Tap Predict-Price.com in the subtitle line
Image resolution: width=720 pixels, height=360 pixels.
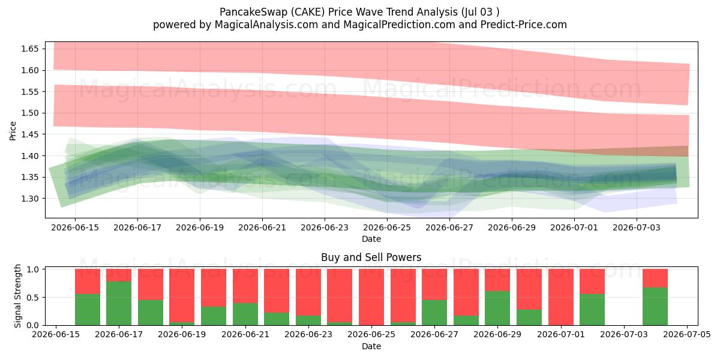(x=524, y=25)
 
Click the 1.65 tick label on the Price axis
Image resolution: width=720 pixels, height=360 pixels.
(x=29, y=49)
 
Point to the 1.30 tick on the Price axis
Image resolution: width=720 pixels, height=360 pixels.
(x=29, y=199)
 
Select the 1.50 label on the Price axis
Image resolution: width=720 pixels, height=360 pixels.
(x=29, y=113)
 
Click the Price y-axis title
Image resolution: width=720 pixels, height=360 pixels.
(x=13, y=131)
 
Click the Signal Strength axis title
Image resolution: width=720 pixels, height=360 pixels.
(x=17, y=296)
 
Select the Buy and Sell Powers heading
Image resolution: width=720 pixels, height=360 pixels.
(x=371, y=257)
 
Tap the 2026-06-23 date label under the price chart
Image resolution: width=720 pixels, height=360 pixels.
(x=325, y=227)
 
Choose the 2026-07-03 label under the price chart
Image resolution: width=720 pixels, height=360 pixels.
(x=637, y=227)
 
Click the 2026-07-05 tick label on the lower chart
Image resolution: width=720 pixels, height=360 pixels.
(x=687, y=335)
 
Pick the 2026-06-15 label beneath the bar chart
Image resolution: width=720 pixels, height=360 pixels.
(x=56, y=335)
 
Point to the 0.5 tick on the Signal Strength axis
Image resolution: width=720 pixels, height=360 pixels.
(x=32, y=298)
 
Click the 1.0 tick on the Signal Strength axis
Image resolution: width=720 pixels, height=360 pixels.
(x=32, y=269)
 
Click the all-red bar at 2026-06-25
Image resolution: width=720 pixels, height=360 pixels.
(x=371, y=297)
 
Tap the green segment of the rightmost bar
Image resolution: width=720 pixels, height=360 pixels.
(x=655, y=307)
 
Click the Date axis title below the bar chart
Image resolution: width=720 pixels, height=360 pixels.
(x=371, y=347)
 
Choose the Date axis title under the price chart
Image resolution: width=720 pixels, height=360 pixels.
(x=371, y=239)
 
